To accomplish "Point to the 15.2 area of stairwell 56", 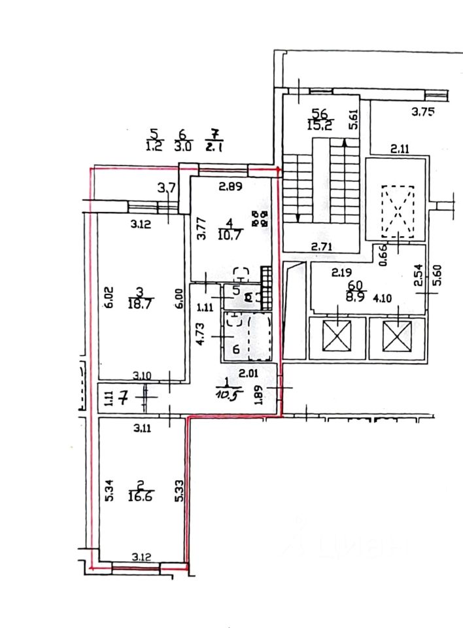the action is pyautogui.click(x=319, y=124).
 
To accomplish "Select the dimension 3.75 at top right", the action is pyautogui.click(x=422, y=112).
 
